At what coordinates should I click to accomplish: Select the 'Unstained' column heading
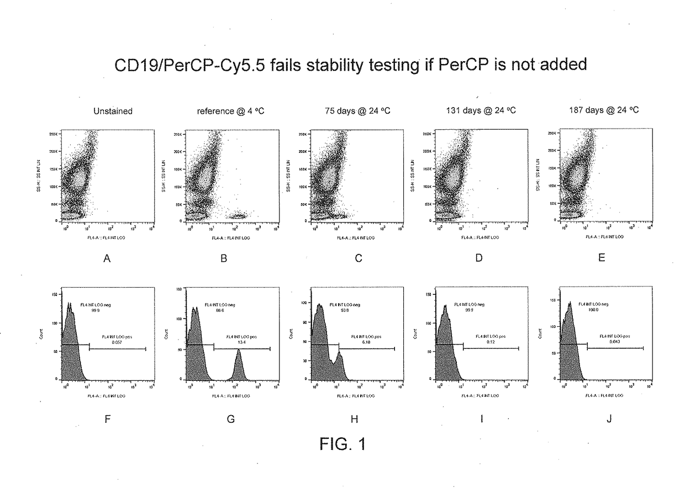pyautogui.click(x=112, y=111)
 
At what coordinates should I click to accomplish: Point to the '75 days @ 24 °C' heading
pyautogui.click(x=357, y=111)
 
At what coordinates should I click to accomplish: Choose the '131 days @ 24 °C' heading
pyautogui.click(x=482, y=111)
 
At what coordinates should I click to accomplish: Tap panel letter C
pyautogui.click(x=358, y=258)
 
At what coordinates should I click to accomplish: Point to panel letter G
pyautogui.click(x=230, y=419)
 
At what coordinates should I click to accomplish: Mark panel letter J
pyautogui.click(x=609, y=419)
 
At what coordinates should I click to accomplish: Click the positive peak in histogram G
pyautogui.click(x=239, y=364)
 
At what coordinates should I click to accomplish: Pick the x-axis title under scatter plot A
pyautogui.click(x=106, y=237)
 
